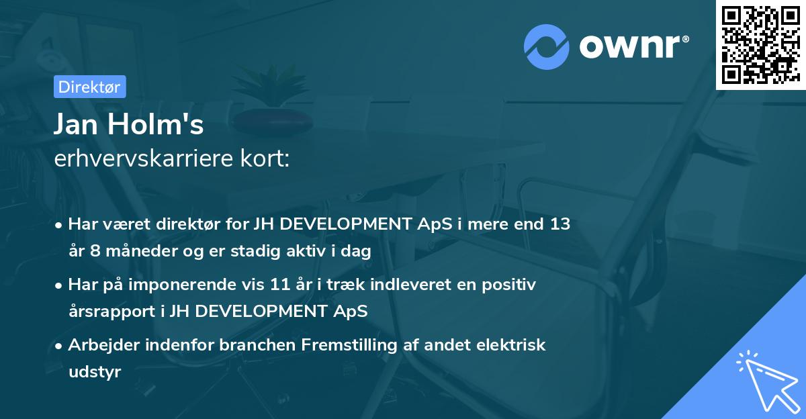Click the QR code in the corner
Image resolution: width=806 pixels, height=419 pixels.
click(760, 45)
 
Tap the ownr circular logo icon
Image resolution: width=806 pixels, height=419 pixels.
click(547, 46)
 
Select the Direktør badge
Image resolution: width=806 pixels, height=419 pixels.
click(89, 87)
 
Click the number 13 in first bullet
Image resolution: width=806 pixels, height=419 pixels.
click(559, 224)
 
